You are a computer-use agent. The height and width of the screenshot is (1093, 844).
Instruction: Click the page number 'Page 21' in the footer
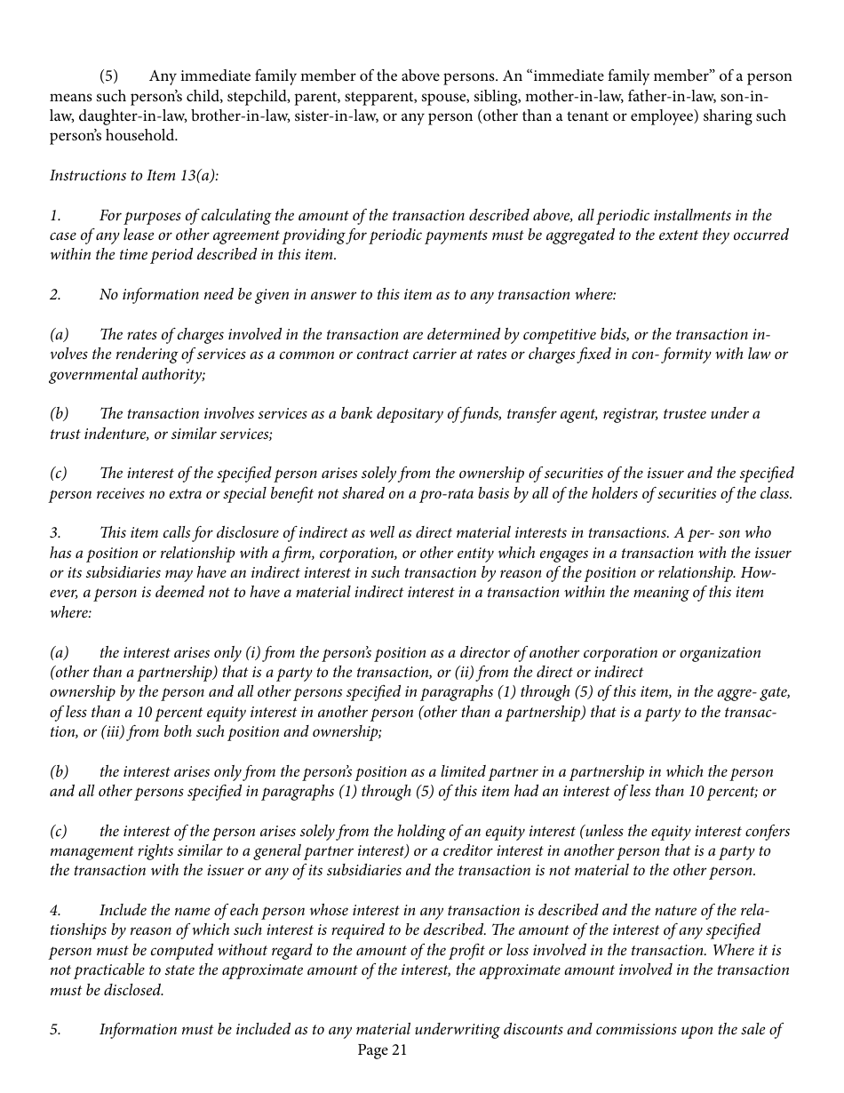coord(382,1050)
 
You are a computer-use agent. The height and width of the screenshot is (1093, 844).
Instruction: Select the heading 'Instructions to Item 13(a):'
coord(133,175)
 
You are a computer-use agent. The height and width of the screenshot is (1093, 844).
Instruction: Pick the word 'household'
coord(136,136)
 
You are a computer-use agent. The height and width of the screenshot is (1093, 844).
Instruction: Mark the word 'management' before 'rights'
coord(91,851)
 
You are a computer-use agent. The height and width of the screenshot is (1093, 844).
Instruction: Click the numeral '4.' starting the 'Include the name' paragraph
coord(55,911)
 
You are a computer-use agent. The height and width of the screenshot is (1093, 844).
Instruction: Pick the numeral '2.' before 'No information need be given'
coord(55,295)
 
